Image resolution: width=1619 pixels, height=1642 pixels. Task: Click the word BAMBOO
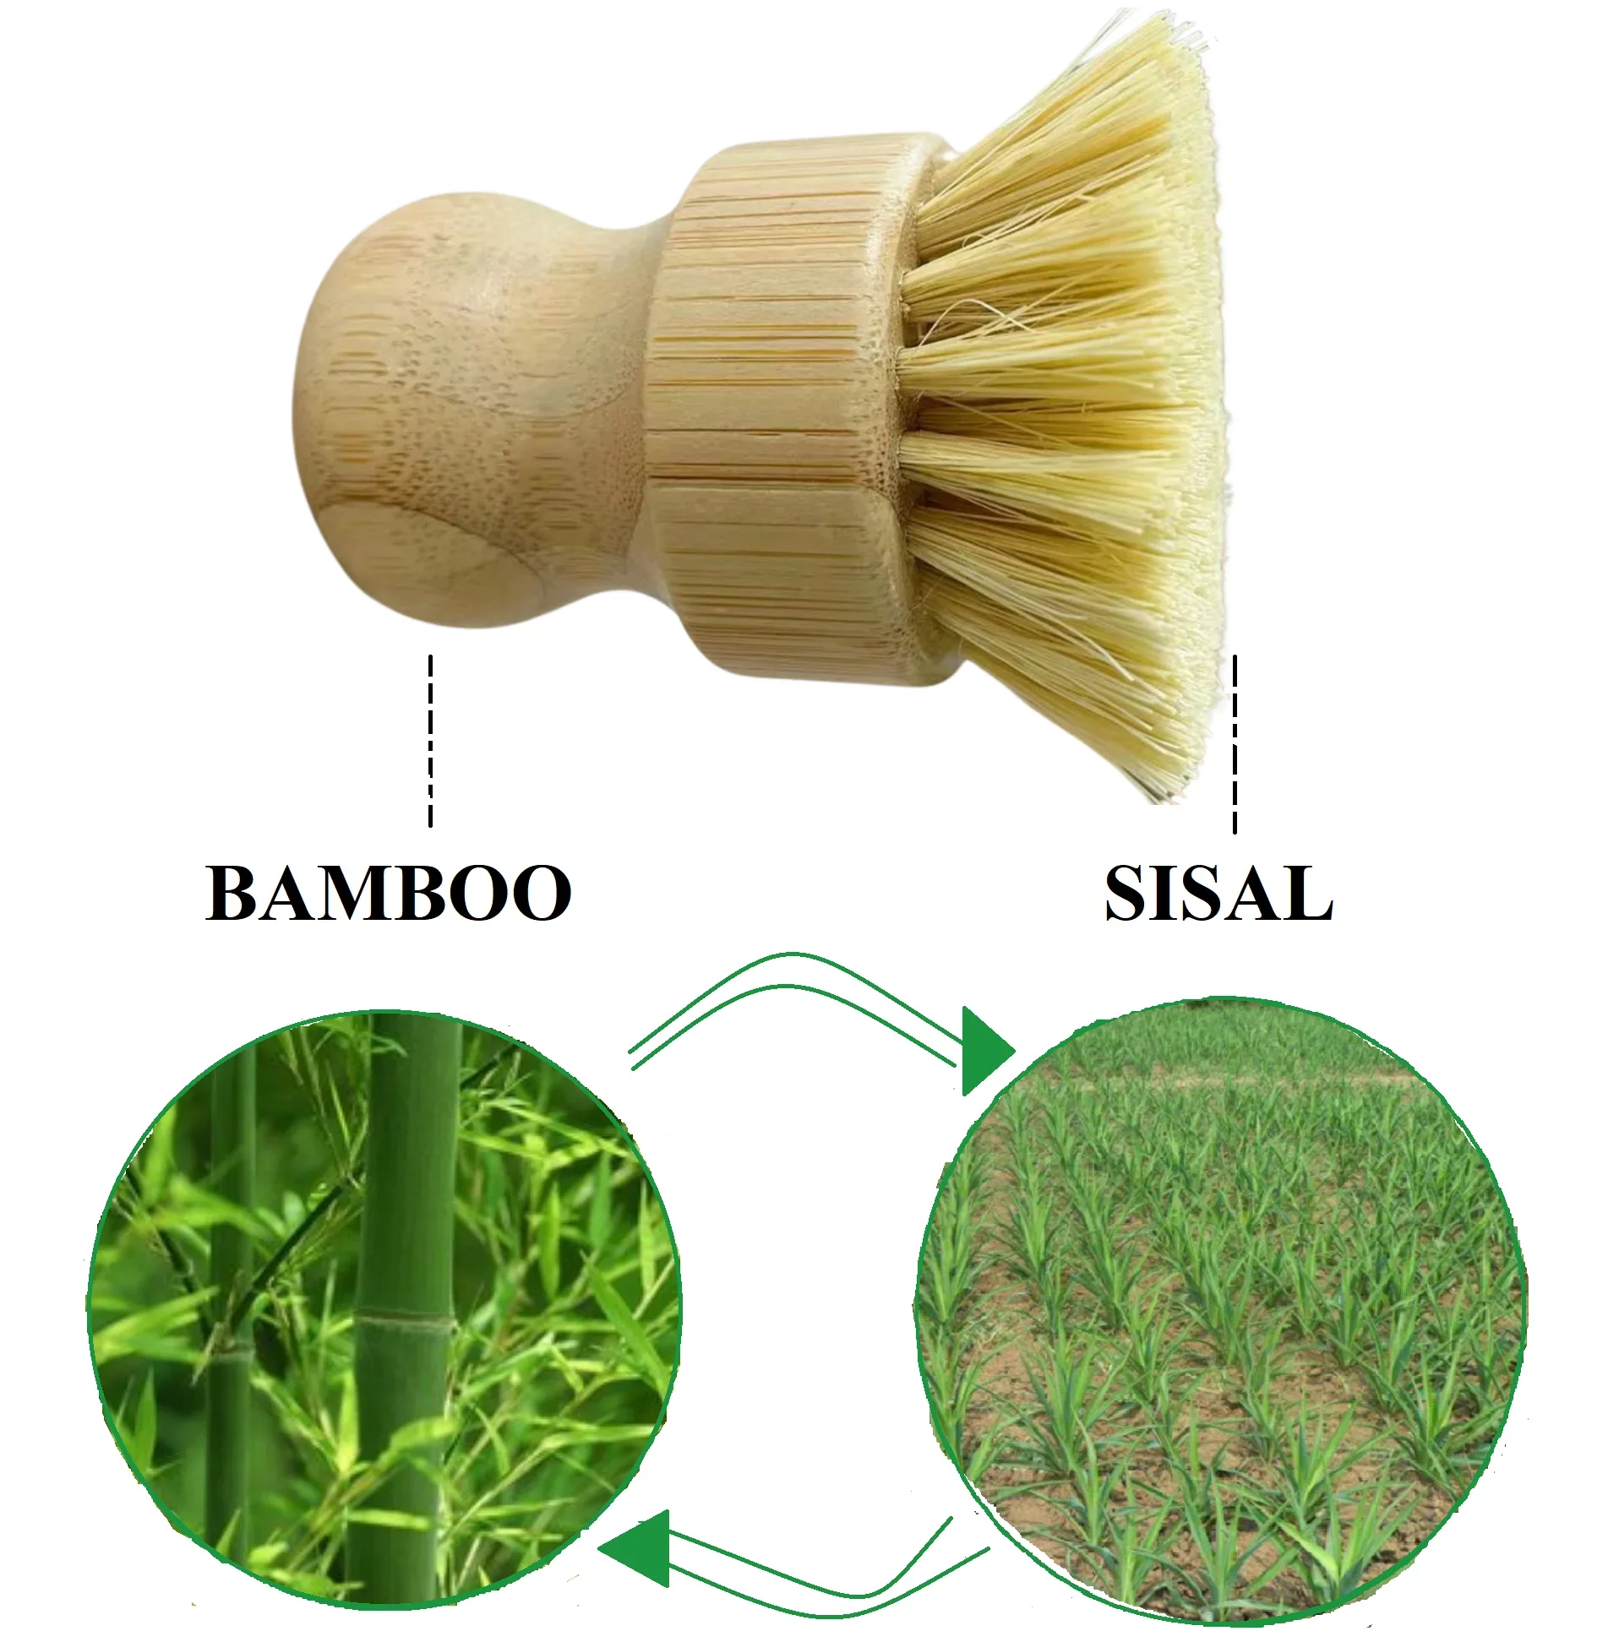(x=388, y=894)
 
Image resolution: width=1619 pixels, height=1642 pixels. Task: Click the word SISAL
(x=1218, y=894)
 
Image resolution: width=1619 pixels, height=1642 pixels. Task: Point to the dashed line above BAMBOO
(x=430, y=739)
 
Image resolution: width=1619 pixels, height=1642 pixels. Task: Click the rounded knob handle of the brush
(x=442, y=408)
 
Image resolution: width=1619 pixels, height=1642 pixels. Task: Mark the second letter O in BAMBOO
(x=541, y=894)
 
